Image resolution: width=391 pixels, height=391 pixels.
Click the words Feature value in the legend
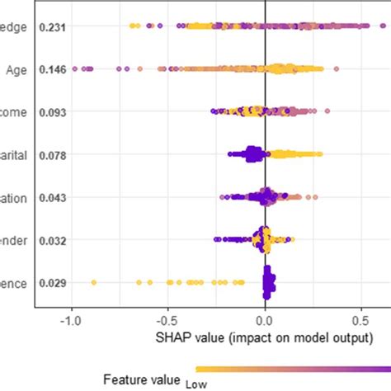click(x=139, y=379)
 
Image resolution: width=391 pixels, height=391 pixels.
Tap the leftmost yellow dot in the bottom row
click(x=93, y=283)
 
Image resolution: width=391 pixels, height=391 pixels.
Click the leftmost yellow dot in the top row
click(x=133, y=27)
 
